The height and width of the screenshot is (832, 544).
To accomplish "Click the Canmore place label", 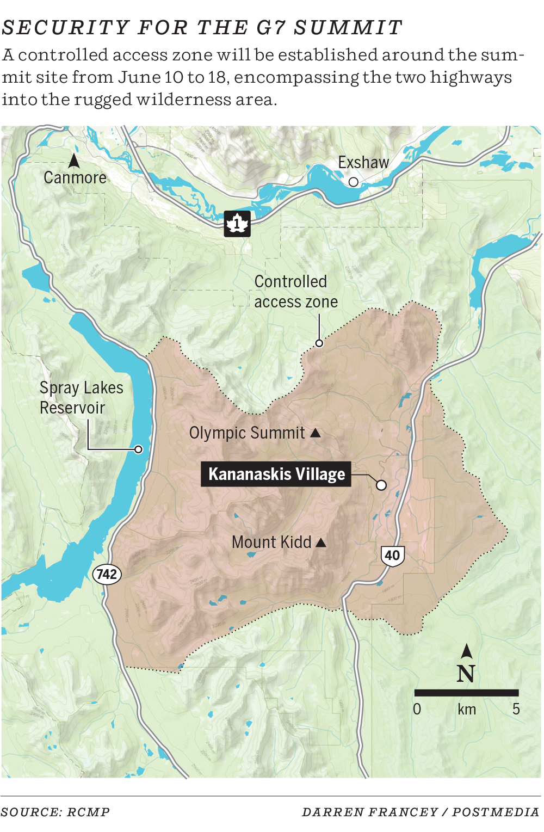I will (x=75, y=178).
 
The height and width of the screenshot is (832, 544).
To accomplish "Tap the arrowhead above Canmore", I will (x=74, y=161).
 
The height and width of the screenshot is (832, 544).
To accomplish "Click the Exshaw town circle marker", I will (x=354, y=182).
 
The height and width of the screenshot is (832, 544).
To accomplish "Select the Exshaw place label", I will (x=363, y=162).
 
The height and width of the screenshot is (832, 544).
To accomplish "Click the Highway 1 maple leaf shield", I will (x=237, y=224).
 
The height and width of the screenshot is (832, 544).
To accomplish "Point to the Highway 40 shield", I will (x=392, y=556).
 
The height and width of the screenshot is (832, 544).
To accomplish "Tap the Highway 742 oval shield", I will (x=107, y=574).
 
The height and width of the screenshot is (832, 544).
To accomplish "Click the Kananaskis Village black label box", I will (x=276, y=474).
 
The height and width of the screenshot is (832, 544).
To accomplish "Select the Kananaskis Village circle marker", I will (x=381, y=485).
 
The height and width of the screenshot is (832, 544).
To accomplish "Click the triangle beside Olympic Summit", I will (x=316, y=433).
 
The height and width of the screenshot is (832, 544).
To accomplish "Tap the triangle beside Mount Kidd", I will (x=321, y=543).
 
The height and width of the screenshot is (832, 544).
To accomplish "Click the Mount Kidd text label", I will (x=271, y=542).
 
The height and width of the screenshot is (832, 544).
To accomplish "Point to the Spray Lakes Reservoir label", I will (x=81, y=398).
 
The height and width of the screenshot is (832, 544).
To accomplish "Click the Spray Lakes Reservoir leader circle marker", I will (x=139, y=449).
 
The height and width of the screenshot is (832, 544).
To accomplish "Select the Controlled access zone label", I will (x=295, y=292).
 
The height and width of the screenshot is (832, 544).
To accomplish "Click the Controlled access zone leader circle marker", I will (x=319, y=343).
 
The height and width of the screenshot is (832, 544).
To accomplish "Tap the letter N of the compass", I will (x=466, y=674).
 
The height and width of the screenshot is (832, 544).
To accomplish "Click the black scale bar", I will (x=466, y=693).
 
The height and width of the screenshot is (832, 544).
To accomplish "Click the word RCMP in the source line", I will (x=89, y=812).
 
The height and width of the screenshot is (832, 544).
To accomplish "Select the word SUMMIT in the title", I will (x=348, y=27).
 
